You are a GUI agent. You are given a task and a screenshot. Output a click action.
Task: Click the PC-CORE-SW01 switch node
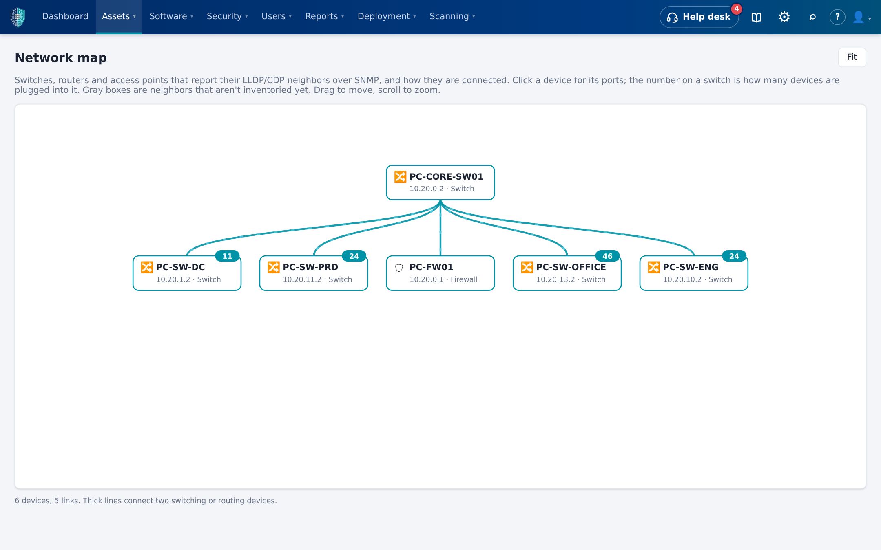pyautogui.click(x=440, y=183)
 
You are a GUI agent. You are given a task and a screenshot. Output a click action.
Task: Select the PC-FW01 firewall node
pyautogui.click(x=440, y=273)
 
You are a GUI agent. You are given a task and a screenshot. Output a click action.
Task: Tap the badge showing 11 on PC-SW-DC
pyautogui.click(x=227, y=256)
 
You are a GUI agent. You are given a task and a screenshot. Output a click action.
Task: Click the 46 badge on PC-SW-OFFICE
pyautogui.click(x=607, y=256)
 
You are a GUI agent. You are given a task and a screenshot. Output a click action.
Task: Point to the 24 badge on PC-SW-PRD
pyautogui.click(x=354, y=256)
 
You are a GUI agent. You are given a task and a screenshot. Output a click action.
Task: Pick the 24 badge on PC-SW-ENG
pyautogui.click(x=734, y=256)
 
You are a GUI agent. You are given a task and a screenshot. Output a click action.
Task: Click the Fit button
pyautogui.click(x=852, y=57)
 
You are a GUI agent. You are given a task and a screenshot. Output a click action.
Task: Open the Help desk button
pyautogui.click(x=699, y=17)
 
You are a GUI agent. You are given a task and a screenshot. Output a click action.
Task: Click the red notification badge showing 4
pyautogui.click(x=736, y=9)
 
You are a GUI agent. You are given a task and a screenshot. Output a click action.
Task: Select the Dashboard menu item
pyautogui.click(x=65, y=16)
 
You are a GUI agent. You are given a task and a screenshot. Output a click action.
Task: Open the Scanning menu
pyautogui.click(x=452, y=16)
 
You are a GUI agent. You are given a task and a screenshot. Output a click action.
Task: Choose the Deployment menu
pyautogui.click(x=387, y=16)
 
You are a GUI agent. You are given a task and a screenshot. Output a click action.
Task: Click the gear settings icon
pyautogui.click(x=784, y=17)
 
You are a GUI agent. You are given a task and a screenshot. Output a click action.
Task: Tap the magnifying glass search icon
pyautogui.click(x=812, y=17)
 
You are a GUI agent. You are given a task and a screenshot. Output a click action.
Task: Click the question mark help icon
pyautogui.click(x=837, y=17)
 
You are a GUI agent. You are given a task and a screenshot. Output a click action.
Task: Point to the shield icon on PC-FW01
pyautogui.click(x=399, y=268)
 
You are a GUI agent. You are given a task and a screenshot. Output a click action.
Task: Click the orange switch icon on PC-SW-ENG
pyautogui.click(x=654, y=267)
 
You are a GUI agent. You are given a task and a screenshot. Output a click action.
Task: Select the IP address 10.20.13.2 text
pyautogui.click(x=556, y=279)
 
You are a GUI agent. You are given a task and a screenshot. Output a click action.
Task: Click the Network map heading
pyautogui.click(x=61, y=58)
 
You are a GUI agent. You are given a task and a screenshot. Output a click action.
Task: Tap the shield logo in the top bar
pyautogui.click(x=18, y=17)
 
